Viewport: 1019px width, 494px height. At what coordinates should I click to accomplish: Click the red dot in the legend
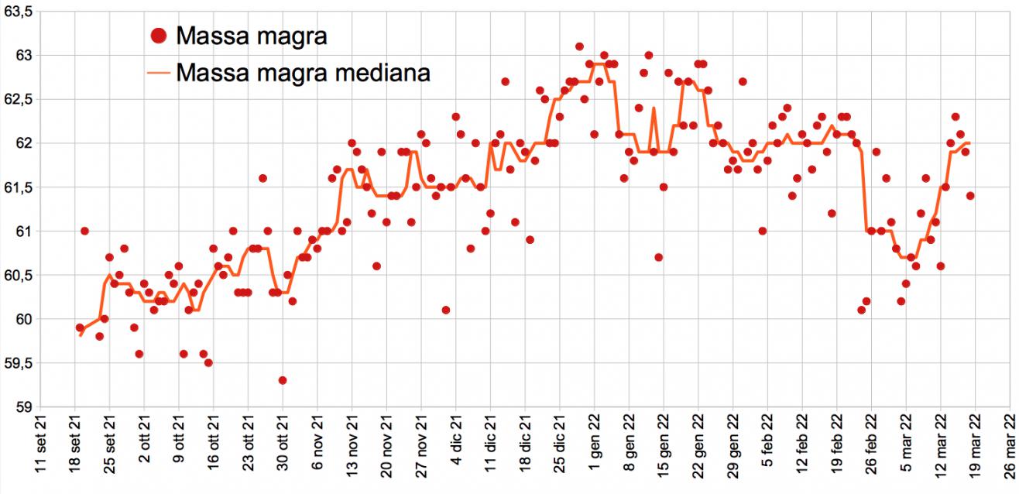pos(159,36)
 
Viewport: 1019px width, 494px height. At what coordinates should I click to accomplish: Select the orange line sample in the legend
pos(159,74)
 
